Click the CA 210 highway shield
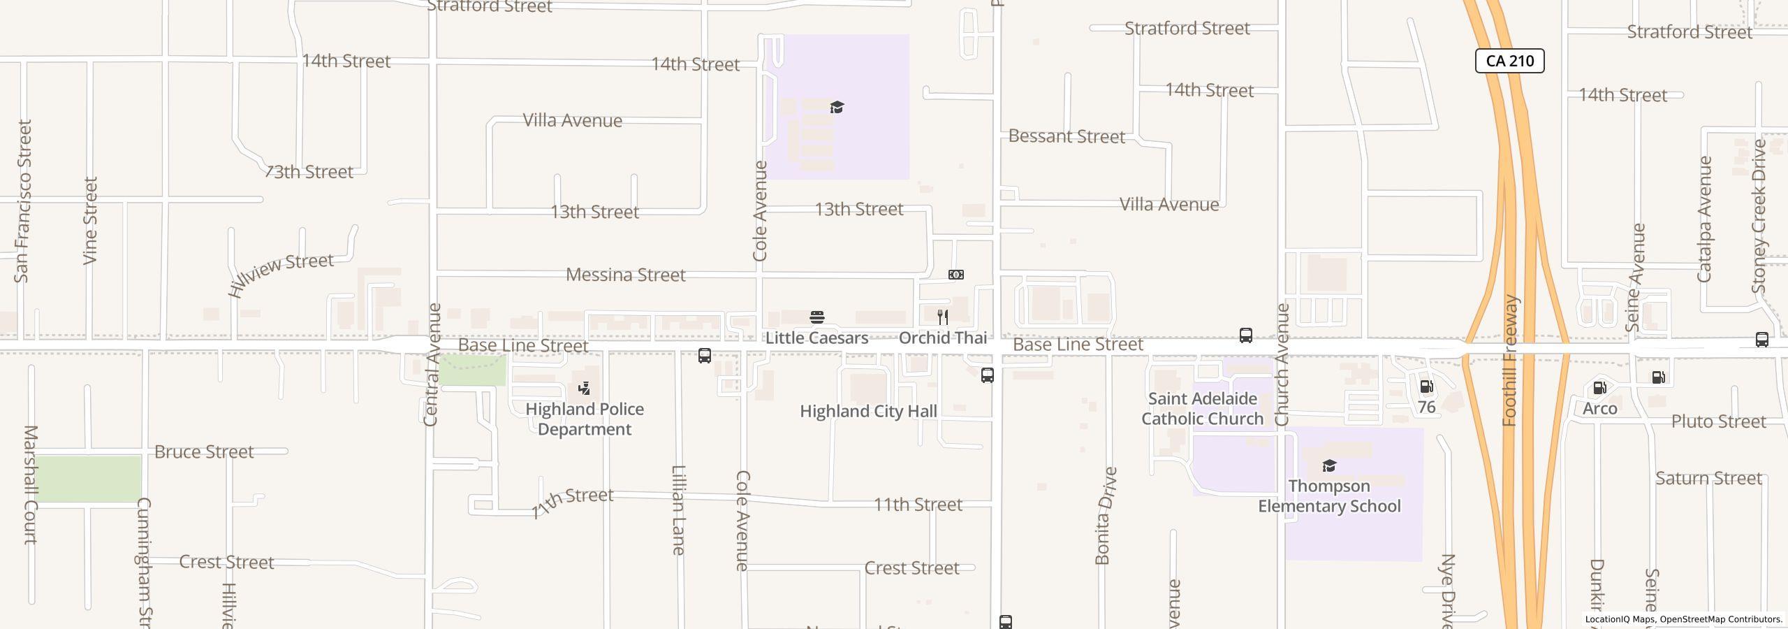1509,61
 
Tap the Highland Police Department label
585,419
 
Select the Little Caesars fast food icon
816,317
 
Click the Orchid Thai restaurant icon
942,317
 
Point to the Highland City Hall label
868,411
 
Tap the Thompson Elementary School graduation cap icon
1328,466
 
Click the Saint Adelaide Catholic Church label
1202,408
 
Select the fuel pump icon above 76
1426,386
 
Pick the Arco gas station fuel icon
1599,388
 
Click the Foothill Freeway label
1510,361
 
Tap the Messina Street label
625,275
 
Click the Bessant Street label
1067,136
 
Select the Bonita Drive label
1104,516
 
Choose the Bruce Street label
204,451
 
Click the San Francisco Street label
23,201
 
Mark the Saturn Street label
1708,478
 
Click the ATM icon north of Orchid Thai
956,275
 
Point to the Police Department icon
585,388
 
